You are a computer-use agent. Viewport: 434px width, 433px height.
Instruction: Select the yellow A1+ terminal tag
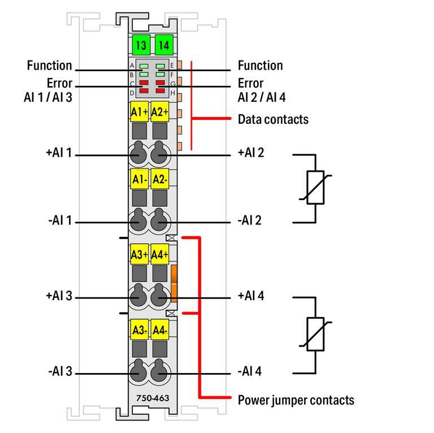[139, 112]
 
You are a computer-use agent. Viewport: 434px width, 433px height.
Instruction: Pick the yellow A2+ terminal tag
[160, 112]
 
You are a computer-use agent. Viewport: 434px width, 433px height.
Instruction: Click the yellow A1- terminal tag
[139, 179]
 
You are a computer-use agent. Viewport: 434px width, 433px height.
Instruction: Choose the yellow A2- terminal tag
[160, 179]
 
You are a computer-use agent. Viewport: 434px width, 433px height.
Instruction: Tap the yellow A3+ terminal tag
[139, 255]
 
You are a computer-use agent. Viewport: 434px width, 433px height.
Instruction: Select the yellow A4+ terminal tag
[160, 255]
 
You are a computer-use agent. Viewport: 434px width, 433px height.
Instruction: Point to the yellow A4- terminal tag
[160, 330]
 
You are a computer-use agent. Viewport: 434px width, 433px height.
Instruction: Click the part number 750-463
[152, 398]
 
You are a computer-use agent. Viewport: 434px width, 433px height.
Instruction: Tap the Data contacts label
[273, 119]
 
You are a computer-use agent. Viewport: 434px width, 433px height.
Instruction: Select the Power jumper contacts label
[296, 400]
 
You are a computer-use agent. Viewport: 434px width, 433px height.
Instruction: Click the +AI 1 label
[59, 153]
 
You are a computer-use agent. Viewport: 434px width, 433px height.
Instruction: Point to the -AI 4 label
[250, 372]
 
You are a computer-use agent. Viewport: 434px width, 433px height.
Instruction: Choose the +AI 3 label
[59, 296]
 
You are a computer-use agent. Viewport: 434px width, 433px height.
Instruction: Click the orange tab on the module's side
[174, 283]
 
